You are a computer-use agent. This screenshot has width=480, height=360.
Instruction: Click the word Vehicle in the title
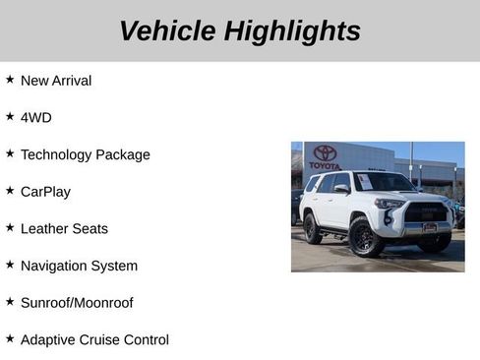(x=167, y=30)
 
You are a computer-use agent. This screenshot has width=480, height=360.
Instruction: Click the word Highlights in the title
(x=292, y=30)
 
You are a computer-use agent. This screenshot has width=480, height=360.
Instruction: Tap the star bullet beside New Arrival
(x=10, y=80)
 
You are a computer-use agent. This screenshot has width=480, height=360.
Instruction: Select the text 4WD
(x=36, y=117)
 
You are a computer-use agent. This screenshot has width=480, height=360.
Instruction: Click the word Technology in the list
(x=58, y=154)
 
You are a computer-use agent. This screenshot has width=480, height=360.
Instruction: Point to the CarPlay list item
(x=45, y=192)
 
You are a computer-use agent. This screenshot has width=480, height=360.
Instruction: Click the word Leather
(x=45, y=228)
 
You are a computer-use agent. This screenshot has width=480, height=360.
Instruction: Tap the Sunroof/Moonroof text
(x=77, y=303)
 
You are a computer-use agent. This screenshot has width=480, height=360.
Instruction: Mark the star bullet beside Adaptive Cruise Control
(x=10, y=338)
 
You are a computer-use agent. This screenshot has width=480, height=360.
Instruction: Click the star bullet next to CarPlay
(x=10, y=191)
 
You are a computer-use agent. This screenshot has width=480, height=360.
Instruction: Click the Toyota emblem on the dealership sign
(x=325, y=152)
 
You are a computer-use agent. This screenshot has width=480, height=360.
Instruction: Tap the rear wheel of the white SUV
(x=312, y=229)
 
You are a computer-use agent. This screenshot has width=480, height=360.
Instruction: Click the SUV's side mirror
(x=341, y=188)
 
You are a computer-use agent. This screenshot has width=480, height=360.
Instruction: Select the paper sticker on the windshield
(x=364, y=182)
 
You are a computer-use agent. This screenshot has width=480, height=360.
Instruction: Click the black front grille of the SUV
(x=426, y=211)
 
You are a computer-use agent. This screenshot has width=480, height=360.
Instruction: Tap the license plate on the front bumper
(x=430, y=227)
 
